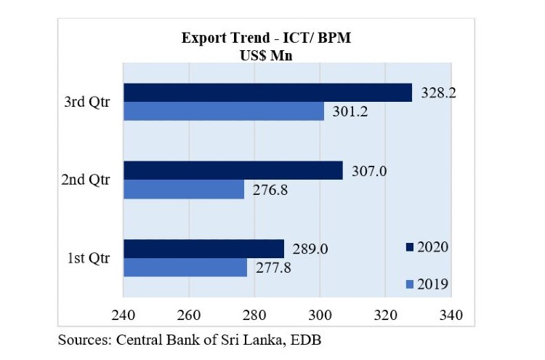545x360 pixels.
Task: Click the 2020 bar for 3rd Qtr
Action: click(267, 92)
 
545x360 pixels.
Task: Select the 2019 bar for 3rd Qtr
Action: click(223, 111)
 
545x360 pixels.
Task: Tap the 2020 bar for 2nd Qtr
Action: click(233, 170)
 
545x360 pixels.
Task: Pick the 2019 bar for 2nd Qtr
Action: click(184, 189)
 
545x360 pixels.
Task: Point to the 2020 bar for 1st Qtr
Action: click(203, 248)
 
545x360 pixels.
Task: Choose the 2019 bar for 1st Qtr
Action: click(185, 267)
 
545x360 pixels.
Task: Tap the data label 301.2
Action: click(348, 112)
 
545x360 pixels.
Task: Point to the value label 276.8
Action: click(268, 190)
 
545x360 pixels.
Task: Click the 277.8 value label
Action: click(272, 268)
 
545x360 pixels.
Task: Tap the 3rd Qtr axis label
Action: click(86, 102)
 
